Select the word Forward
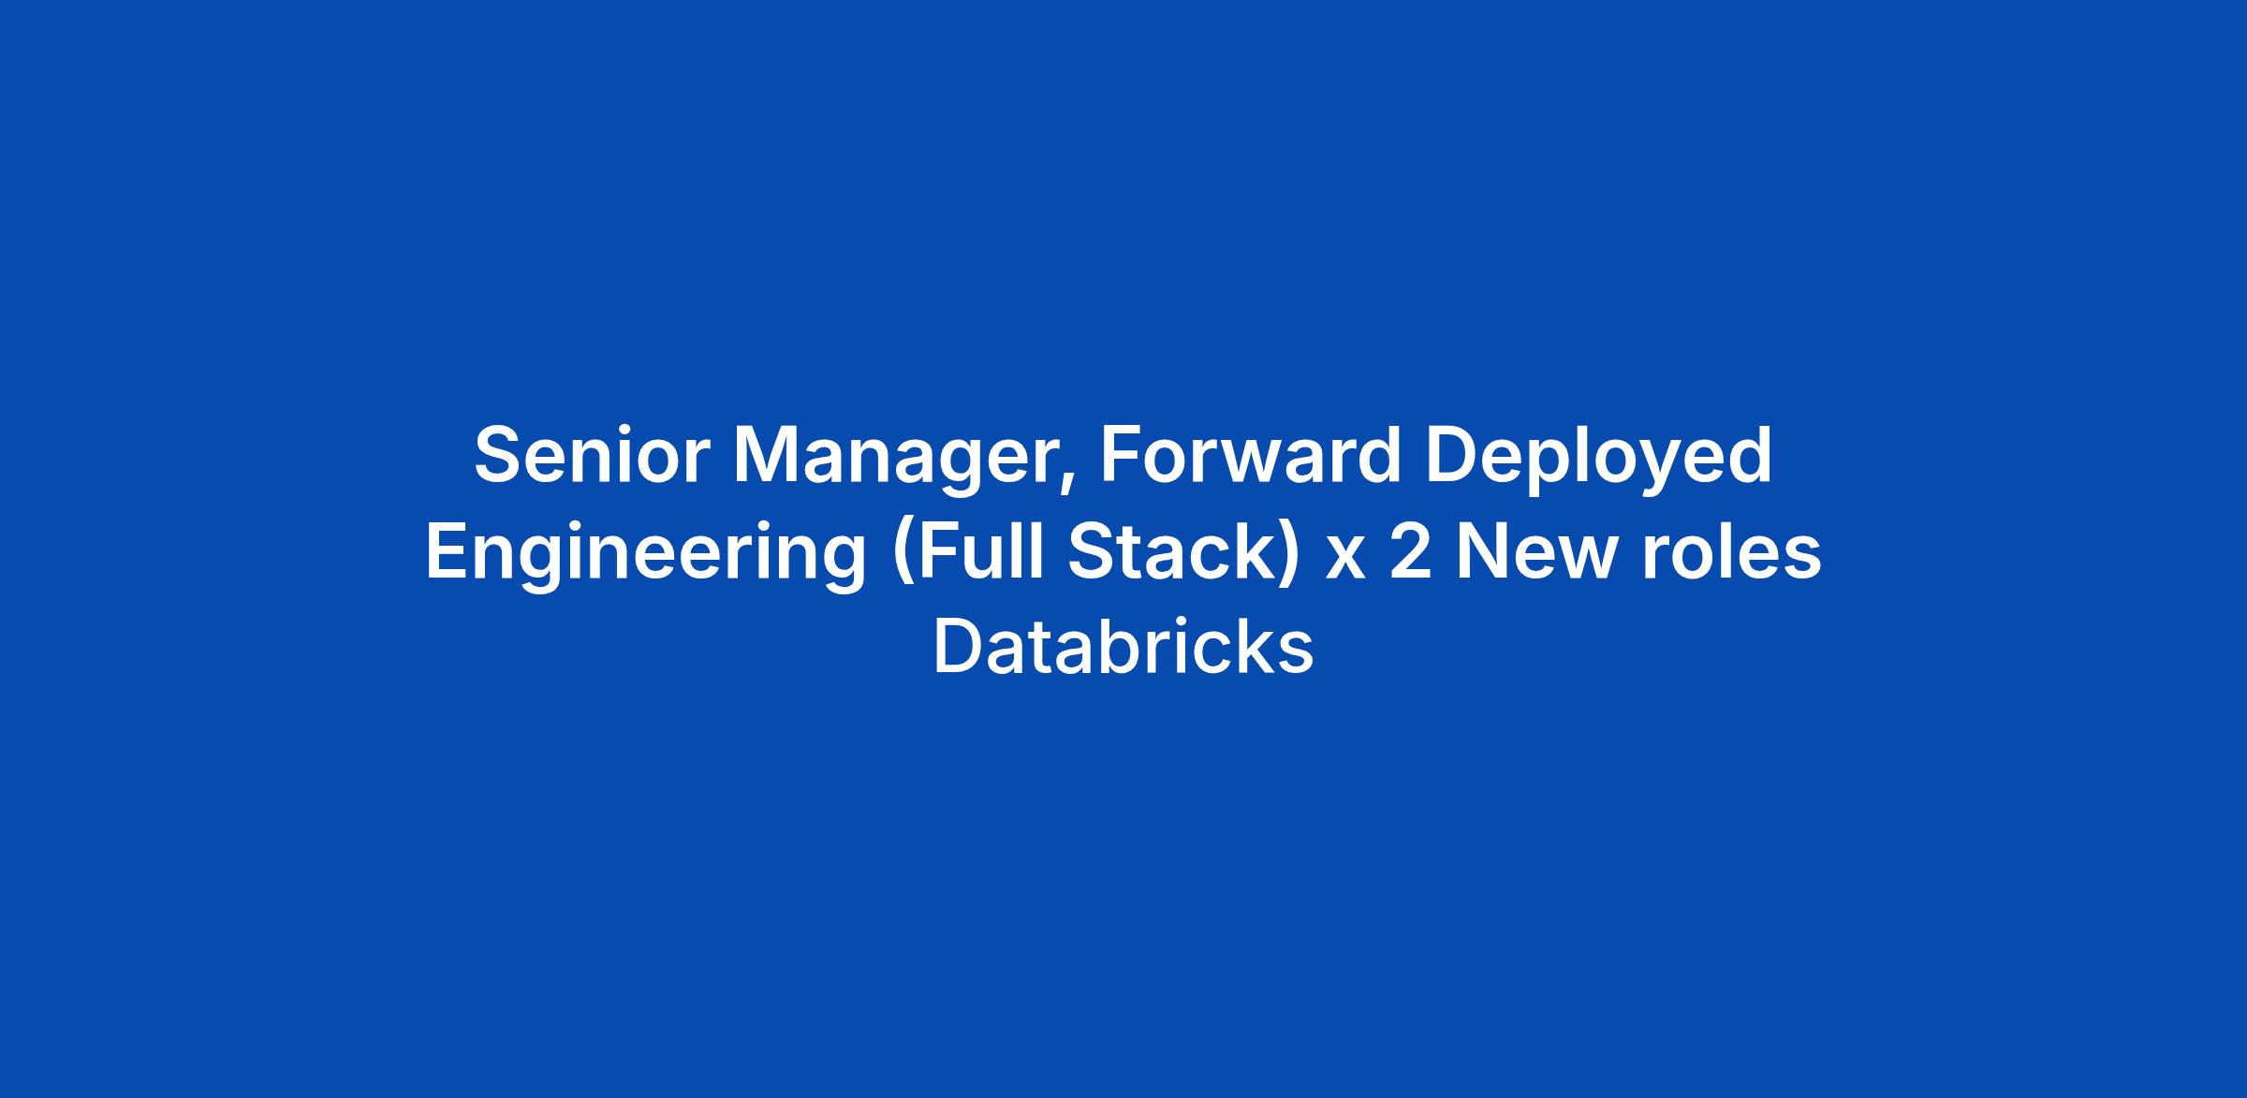1250,456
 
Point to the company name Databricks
1123,647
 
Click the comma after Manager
1068,482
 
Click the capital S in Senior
499,456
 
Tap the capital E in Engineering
448,551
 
